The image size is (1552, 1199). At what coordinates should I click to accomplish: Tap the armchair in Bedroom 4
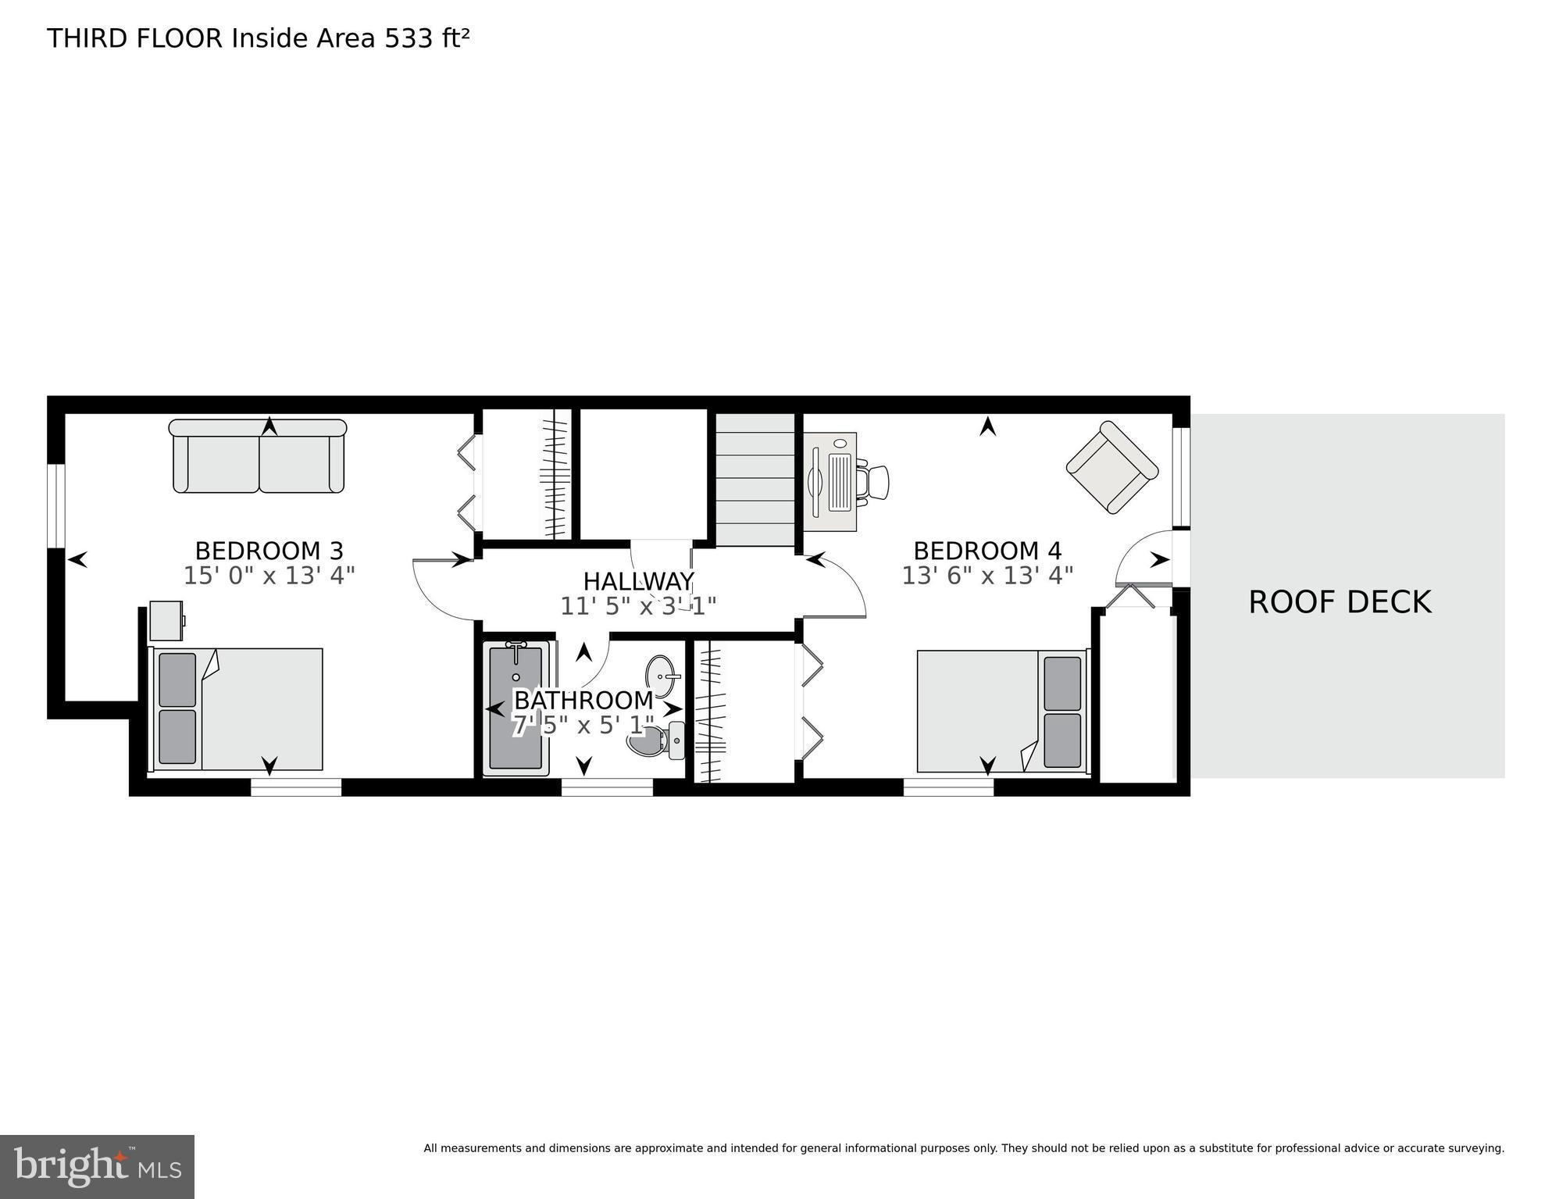coord(1112,466)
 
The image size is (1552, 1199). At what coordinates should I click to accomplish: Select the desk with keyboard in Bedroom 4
coord(831,482)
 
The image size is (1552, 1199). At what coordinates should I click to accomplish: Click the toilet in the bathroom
coord(658,740)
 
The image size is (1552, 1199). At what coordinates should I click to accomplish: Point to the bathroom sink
coord(662,676)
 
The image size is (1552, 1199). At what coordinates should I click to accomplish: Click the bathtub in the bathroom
coord(516,708)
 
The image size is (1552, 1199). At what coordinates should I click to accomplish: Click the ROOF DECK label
coord(1340,602)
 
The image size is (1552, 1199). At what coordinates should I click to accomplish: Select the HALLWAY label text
coord(638,582)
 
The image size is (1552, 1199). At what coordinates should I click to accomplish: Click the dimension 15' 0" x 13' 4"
coord(269,576)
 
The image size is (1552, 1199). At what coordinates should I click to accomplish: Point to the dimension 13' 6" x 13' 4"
coord(987,576)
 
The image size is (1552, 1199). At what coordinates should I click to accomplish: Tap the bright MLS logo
coord(97,1166)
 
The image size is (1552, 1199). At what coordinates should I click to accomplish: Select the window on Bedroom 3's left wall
coord(55,506)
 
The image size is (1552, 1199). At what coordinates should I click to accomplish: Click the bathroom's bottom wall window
coord(607,788)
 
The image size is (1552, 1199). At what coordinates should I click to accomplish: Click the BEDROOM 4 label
coord(987,551)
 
